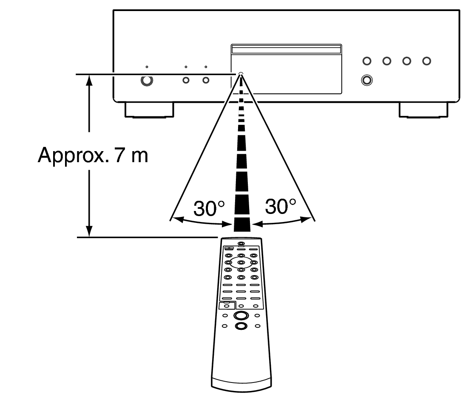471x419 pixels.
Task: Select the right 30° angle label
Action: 280,207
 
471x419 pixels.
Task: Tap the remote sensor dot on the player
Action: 241,74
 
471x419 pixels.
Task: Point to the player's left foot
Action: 149,110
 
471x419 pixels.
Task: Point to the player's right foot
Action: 423,110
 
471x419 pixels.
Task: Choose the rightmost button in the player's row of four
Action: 426,61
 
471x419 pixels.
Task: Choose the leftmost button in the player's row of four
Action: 366,61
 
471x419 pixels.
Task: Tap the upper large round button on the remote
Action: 241,315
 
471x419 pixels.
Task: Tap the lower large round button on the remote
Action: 241,326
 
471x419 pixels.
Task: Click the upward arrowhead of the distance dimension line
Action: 89,80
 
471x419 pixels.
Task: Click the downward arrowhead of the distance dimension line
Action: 89,231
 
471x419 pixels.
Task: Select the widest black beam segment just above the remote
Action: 241,223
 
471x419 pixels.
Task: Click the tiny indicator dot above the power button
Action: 147,67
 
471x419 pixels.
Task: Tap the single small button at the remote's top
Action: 241,244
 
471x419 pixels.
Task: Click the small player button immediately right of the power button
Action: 186,80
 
